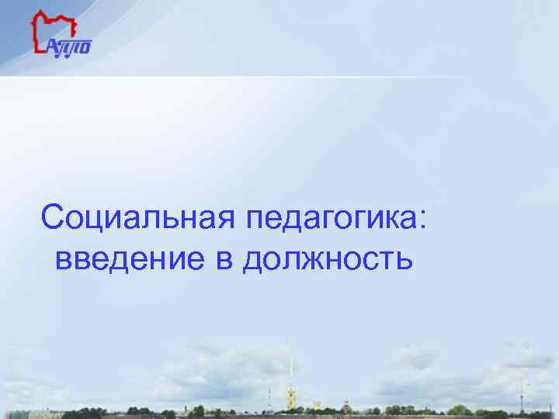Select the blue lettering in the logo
70,47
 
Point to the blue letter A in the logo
54,47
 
